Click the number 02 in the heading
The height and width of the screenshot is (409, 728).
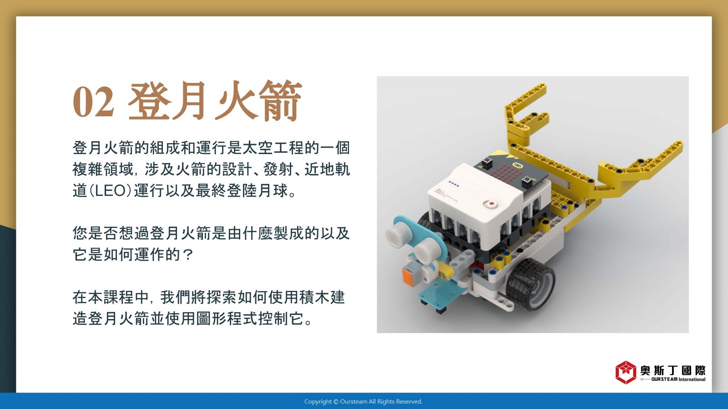coord(94,101)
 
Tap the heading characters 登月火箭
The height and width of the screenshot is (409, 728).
coord(215,100)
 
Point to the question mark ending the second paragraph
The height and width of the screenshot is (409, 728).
coord(188,254)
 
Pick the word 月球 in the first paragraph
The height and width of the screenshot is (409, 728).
coord(273,190)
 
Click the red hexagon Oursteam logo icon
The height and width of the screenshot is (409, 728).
coord(626,372)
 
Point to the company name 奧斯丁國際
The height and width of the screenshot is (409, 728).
coord(673,370)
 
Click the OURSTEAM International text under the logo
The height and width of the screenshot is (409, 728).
coord(678,379)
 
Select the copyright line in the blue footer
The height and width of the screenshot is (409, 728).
coord(364,402)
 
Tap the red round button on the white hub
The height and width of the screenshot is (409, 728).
coord(490,204)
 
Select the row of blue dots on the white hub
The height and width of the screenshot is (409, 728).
coord(454,184)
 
